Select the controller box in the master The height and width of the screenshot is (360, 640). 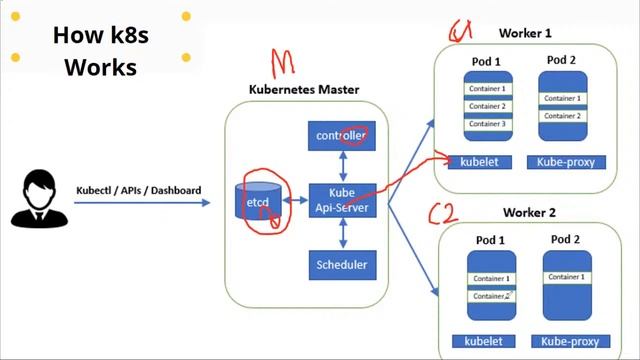coord(342,135)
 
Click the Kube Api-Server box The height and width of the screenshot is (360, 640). coord(342,200)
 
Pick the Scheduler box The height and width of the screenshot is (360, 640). coord(342,266)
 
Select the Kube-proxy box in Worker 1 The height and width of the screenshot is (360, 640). coord(564,161)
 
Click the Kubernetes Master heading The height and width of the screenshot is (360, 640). coord(303,89)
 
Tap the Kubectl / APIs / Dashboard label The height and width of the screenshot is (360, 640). coord(138,190)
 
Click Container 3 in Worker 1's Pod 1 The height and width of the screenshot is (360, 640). coord(488,124)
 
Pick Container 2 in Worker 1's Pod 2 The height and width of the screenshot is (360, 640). coord(562,116)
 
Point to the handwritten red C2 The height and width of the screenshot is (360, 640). coord(443,213)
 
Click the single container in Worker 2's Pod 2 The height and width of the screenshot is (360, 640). coord(567,277)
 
